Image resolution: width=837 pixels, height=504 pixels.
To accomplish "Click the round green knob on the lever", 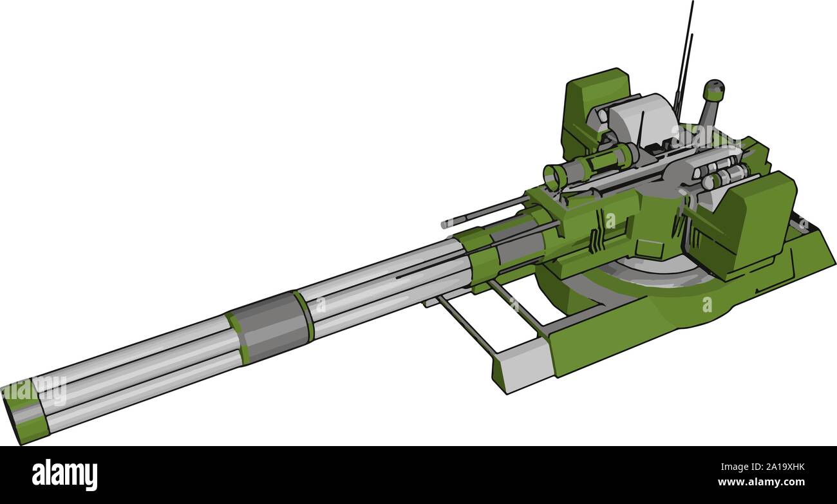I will tap(713, 90).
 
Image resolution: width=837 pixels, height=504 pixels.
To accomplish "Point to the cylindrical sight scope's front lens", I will tap(552, 177).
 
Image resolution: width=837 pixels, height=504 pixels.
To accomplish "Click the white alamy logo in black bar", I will tap(64, 475).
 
